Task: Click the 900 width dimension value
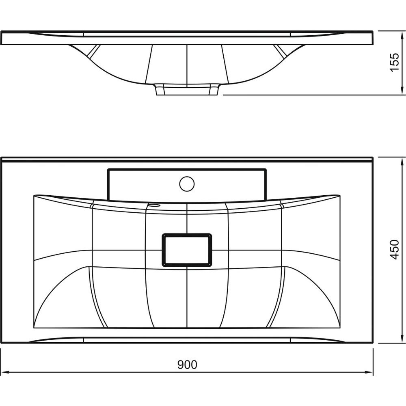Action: click(x=187, y=365)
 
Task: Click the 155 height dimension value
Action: click(x=394, y=63)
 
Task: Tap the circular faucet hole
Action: click(x=187, y=184)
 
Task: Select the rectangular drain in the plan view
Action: click(x=187, y=250)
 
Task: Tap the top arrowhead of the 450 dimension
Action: click(x=402, y=162)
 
